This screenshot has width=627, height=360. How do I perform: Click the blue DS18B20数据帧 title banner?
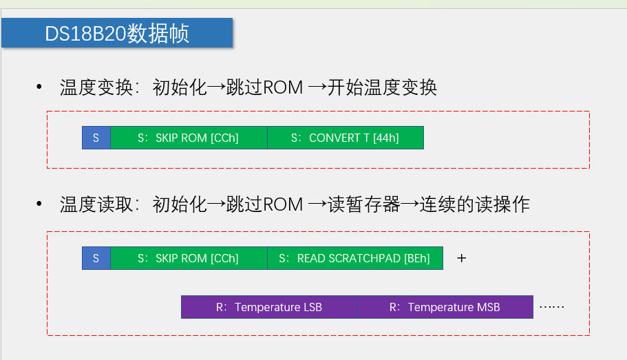(x=117, y=33)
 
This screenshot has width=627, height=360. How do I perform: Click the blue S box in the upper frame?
(x=96, y=138)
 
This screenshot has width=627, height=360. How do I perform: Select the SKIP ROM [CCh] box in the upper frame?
(x=189, y=138)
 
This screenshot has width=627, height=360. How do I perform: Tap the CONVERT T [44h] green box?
(x=345, y=138)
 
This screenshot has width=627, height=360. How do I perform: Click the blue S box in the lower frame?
(x=96, y=258)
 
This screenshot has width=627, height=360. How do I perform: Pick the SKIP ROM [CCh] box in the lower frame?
(x=189, y=258)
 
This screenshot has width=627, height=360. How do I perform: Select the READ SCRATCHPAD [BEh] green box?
(x=354, y=258)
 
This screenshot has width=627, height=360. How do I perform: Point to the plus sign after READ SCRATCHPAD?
(x=462, y=258)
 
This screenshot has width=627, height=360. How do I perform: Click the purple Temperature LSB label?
(x=269, y=307)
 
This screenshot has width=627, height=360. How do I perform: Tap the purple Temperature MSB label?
(x=445, y=307)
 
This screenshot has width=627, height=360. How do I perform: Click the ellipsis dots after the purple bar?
(x=551, y=306)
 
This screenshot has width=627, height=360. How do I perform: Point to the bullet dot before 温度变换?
(x=39, y=88)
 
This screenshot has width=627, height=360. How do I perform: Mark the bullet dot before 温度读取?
(x=39, y=204)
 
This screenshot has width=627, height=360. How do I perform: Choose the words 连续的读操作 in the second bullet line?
(x=474, y=204)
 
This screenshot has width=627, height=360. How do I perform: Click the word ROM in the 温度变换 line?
(x=283, y=88)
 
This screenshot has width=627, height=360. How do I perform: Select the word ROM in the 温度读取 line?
(x=283, y=204)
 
